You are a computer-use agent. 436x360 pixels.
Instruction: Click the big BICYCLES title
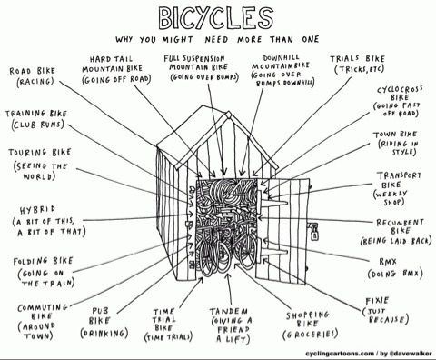click(216, 17)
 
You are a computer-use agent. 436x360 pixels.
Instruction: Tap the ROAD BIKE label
click(32, 71)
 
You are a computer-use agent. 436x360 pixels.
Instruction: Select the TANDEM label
click(229, 311)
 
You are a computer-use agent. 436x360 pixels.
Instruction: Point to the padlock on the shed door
click(314, 233)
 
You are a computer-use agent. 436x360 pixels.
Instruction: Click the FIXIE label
click(377, 301)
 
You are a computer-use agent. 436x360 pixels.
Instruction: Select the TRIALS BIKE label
click(357, 58)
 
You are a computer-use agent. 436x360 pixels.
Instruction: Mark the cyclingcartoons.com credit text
click(340, 354)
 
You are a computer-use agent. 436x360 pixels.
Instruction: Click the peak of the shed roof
click(228, 113)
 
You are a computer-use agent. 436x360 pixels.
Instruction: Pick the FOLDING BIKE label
click(43, 261)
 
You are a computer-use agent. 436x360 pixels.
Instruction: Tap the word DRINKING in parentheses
click(104, 334)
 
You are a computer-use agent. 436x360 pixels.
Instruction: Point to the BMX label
click(387, 262)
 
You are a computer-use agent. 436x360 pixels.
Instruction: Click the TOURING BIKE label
click(40, 153)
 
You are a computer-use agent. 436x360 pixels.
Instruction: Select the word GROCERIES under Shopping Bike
click(310, 335)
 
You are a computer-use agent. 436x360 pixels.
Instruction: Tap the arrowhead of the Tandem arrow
click(228, 275)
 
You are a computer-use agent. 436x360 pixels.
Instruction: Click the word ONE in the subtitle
click(310, 39)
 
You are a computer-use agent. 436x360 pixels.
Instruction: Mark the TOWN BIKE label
click(395, 135)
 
